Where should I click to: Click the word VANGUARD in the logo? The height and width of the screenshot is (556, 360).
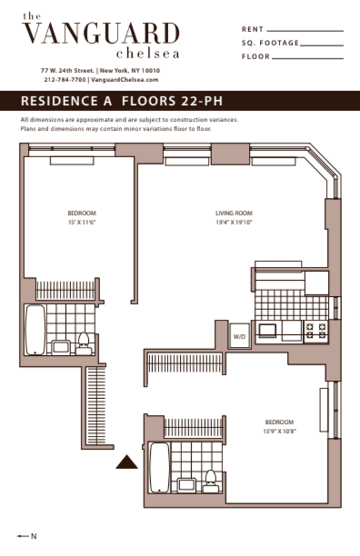[x=101, y=33]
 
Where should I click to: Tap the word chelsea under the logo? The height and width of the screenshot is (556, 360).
[x=148, y=54]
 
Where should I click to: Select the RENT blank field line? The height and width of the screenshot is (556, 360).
[x=304, y=31]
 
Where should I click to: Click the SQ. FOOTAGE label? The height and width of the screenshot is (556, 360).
[x=270, y=43]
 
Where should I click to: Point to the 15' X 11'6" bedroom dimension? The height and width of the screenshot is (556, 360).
[x=81, y=224]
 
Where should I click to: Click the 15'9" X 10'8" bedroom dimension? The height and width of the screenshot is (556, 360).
[x=279, y=432]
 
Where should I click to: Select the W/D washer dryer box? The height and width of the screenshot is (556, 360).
[x=240, y=336]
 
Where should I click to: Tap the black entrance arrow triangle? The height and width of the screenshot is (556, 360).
[x=126, y=463]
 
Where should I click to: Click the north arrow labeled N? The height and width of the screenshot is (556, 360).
[x=29, y=537]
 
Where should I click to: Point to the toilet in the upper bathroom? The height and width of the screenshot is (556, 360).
[x=83, y=341]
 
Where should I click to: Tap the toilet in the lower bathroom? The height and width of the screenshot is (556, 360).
[x=209, y=479]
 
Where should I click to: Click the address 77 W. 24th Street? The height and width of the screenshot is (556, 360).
[x=67, y=70]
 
